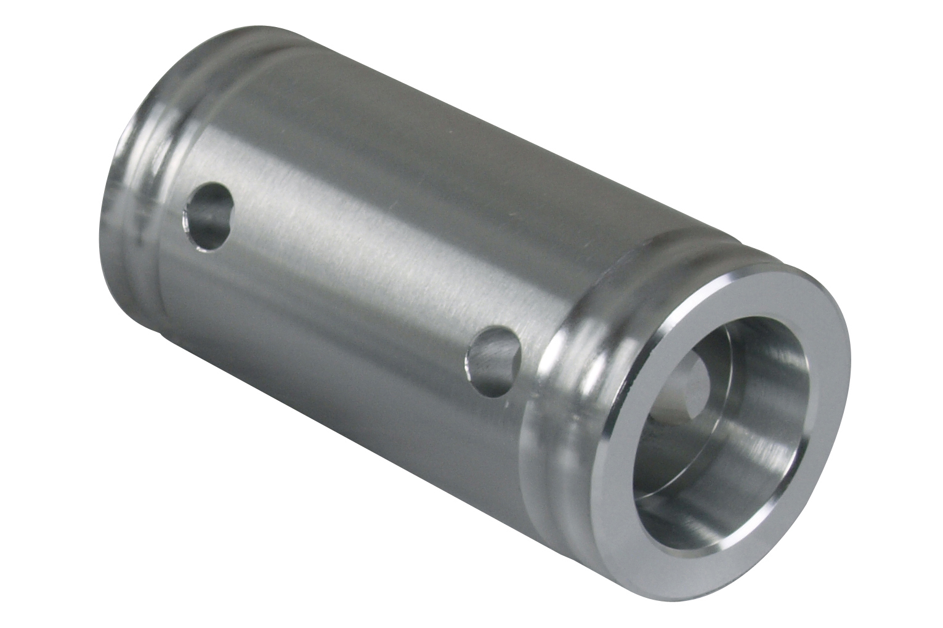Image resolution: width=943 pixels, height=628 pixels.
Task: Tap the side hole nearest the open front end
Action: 493,358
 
